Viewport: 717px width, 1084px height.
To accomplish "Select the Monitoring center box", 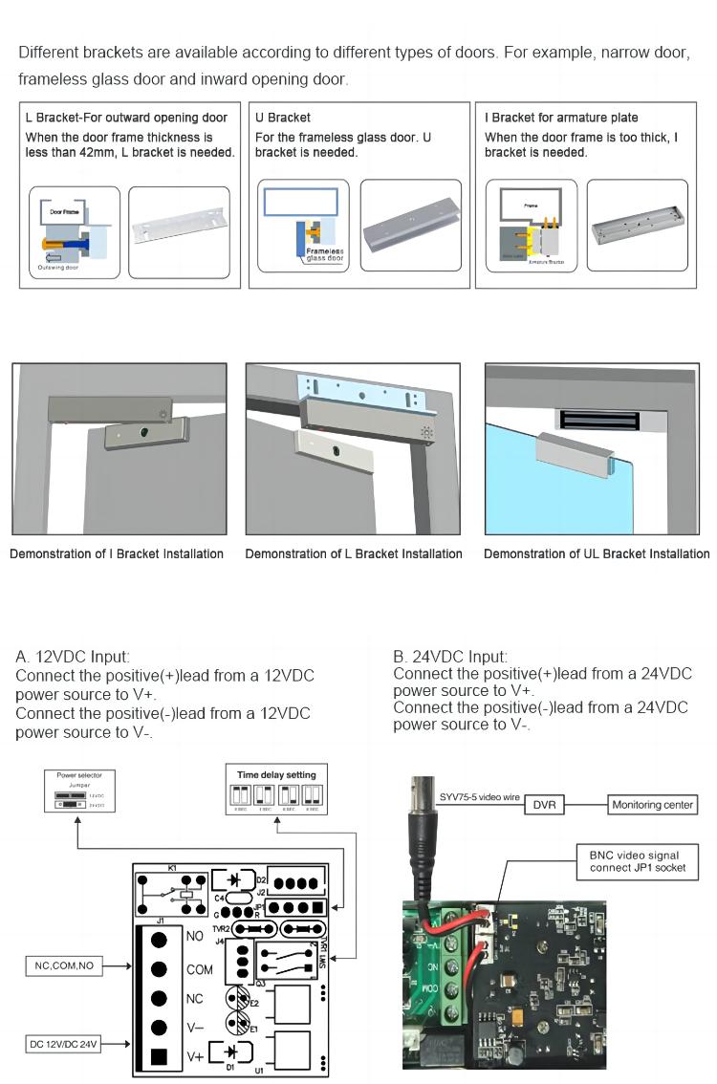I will (x=653, y=805).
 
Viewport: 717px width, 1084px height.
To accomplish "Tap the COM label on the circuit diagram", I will (x=200, y=969).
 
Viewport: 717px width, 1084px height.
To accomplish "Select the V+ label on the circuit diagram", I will (x=195, y=1056).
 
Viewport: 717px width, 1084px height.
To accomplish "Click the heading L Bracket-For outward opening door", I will (x=126, y=118).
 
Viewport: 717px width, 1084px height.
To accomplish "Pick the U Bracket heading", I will (x=283, y=118).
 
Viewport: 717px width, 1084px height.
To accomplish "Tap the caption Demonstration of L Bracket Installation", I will (x=354, y=553).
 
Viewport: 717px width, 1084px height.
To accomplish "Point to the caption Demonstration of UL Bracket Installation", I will (x=597, y=553).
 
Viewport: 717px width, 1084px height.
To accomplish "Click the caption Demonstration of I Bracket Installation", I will (x=117, y=553).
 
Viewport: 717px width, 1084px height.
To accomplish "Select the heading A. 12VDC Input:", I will (x=73, y=657).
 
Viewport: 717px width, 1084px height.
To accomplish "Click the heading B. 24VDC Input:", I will (x=450, y=657).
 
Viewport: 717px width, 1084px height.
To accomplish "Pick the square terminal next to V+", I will (x=160, y=1057).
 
